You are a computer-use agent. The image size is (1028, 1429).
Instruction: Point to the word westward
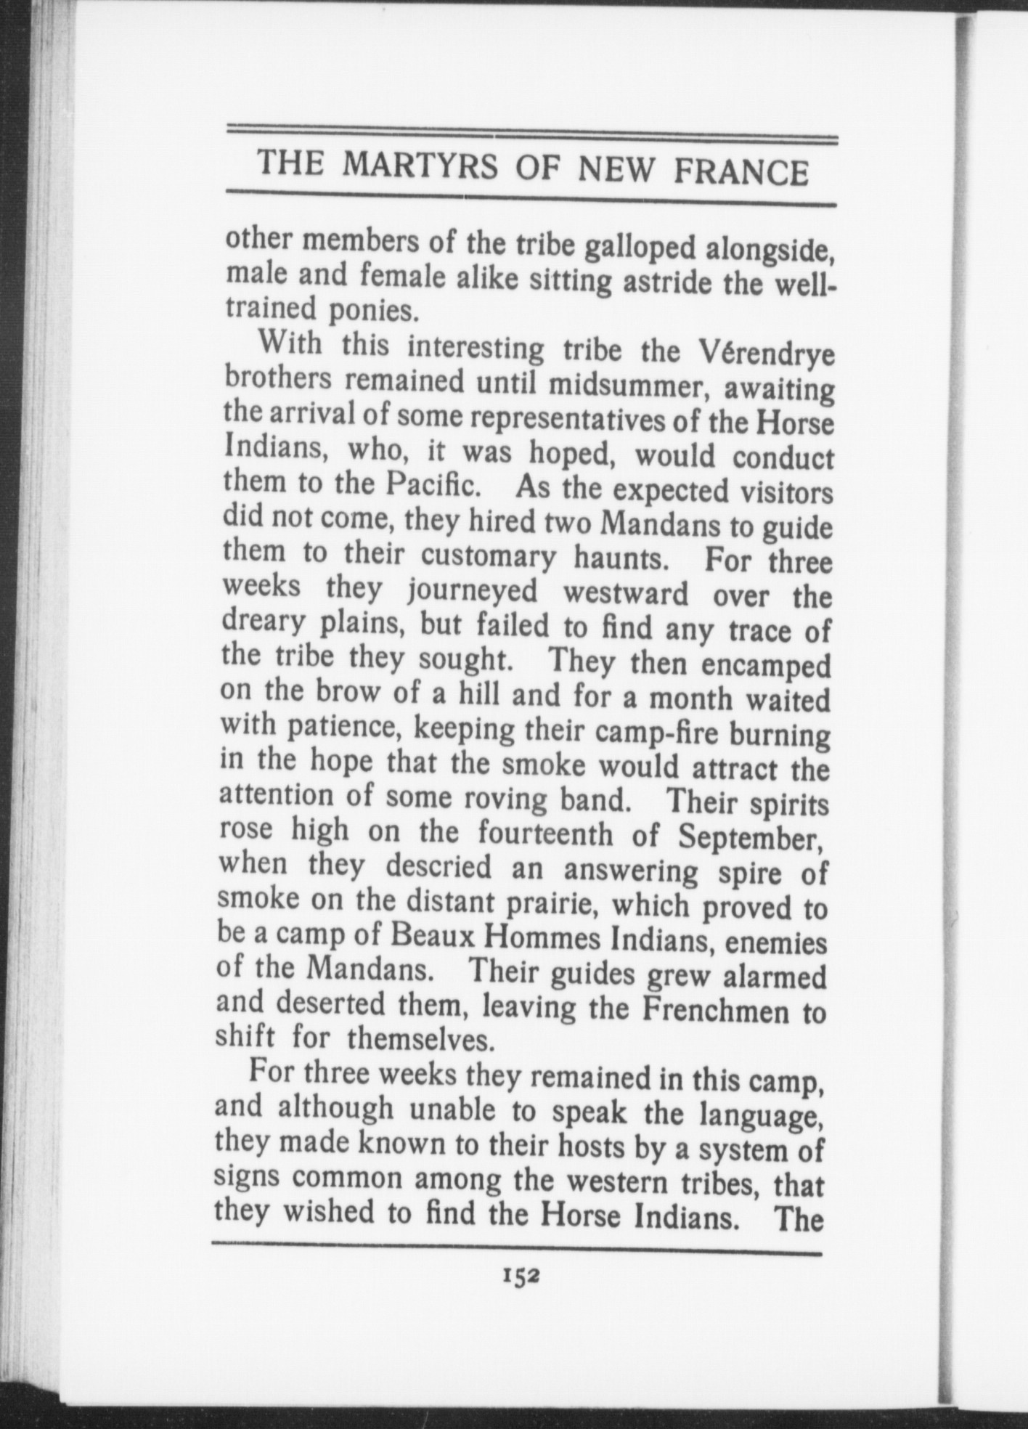[x=626, y=593]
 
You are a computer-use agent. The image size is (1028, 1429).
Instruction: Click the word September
[x=749, y=839]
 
